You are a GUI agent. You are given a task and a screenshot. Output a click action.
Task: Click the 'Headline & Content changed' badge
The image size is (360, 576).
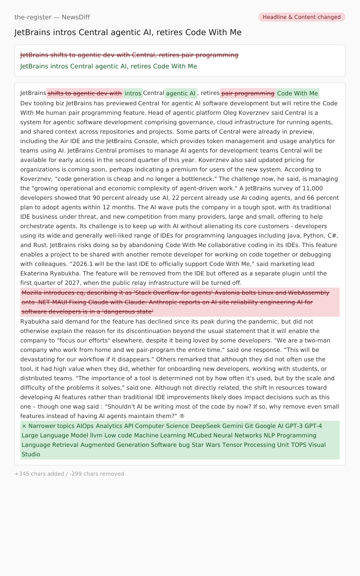coord(301,17)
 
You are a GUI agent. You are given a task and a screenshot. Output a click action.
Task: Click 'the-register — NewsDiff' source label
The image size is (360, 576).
coord(52,17)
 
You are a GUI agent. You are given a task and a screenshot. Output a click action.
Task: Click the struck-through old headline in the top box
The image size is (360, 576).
coord(129,55)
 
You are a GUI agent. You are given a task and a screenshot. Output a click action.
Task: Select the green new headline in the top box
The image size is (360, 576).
coord(108,66)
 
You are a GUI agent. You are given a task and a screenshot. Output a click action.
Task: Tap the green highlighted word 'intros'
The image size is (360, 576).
coord(133,94)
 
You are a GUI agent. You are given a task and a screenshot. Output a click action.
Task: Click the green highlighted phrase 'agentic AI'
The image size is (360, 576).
coord(180,94)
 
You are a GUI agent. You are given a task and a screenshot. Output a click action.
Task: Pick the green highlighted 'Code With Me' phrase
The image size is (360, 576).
coord(297,94)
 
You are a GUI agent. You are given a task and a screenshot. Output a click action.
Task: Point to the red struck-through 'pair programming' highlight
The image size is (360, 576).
coord(247,94)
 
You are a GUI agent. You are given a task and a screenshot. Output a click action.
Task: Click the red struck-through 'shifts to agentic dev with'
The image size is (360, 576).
coord(85,94)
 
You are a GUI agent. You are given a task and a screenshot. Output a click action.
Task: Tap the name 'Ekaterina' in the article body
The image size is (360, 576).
coord(36,274)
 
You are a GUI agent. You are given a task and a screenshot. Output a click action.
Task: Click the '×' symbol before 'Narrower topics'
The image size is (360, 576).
coord(24,426)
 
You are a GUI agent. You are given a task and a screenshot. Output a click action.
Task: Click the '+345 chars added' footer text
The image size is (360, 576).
coord(40,474)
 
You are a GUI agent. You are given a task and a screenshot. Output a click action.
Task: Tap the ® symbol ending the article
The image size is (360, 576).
coord(182,416)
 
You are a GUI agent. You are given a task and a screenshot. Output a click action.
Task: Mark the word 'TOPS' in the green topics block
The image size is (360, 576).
coord(298,445)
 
